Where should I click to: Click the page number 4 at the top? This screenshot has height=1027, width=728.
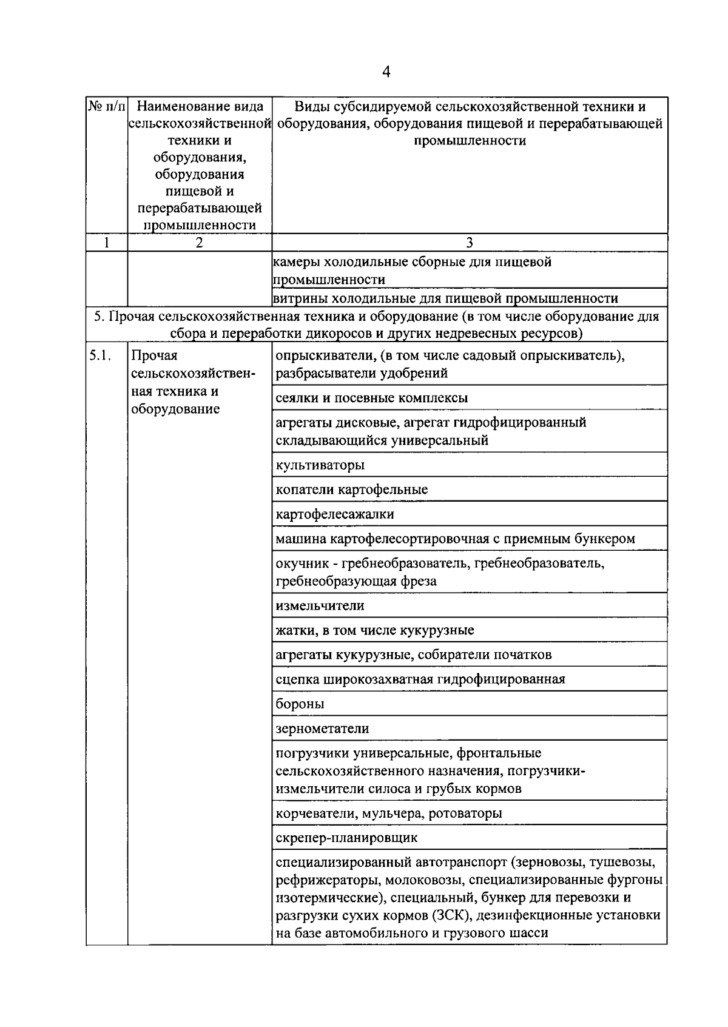click(386, 73)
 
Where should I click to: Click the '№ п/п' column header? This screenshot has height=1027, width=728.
click(107, 107)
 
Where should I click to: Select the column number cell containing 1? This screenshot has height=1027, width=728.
click(107, 243)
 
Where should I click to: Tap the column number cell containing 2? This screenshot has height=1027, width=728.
click(199, 243)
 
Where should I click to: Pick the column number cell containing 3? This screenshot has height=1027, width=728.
click(469, 243)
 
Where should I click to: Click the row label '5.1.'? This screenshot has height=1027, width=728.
click(100, 356)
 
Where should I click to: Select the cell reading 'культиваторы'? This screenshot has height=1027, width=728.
click(320, 465)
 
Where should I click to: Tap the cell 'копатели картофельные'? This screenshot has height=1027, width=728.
click(351, 490)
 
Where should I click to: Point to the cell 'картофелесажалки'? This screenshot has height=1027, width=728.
click(334, 514)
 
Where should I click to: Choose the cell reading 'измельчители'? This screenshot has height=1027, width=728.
click(320, 605)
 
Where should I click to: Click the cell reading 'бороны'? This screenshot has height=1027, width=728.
click(300, 704)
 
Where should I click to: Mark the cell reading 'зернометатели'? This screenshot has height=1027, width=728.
click(322, 729)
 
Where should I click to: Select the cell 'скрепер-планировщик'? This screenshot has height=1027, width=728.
click(346, 838)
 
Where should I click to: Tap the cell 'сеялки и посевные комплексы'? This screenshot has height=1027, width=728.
click(371, 398)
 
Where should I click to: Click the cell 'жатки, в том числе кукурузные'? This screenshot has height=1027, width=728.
click(374, 630)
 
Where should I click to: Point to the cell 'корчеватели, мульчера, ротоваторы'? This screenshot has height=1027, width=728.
click(388, 813)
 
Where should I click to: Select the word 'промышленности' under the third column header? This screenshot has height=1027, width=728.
click(470, 141)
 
